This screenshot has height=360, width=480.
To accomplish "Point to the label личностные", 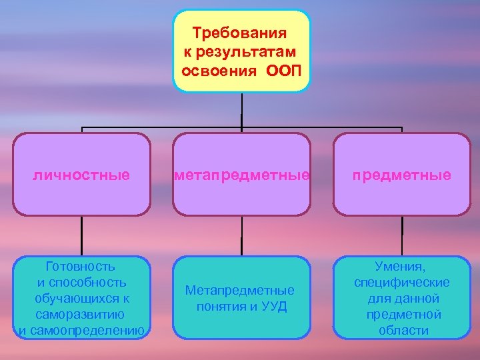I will point(82,175).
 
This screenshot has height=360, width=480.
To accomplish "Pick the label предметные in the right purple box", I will point(402,175).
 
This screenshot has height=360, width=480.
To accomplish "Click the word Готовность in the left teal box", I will point(82,267).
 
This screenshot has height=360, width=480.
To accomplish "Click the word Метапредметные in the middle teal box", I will point(240,291).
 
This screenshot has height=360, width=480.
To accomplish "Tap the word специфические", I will point(402,283).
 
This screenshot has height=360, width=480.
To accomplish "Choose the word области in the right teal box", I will point(402,330).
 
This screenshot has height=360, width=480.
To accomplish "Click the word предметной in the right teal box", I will point(402,314).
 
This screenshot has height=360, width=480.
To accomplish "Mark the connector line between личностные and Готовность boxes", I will point(82,237).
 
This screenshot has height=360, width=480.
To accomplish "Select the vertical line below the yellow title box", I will point(242,110).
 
